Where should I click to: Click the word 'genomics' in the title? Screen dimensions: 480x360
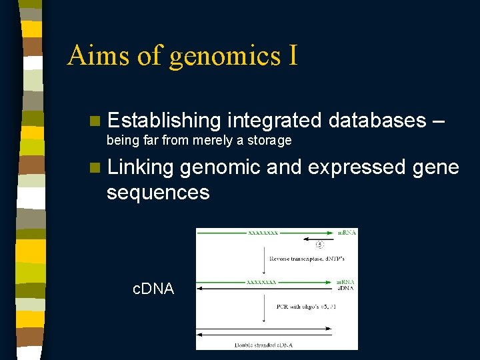coord(225,56)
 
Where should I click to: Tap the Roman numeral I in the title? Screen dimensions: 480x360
coord(293,55)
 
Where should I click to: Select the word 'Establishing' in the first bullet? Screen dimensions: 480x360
coord(163,121)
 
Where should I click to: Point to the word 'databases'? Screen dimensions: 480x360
coord(377,121)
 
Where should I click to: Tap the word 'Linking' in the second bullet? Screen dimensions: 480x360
coord(141,167)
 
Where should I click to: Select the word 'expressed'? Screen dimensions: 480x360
coord(354,167)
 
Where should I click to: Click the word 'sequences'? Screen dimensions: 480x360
coord(158,193)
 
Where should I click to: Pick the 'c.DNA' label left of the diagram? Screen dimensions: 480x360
coord(153,289)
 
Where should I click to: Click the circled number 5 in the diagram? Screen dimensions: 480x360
coord(319,245)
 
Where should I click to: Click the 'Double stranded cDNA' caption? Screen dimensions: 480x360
coord(263,345)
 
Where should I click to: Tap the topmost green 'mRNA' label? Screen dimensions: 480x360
coord(346,233)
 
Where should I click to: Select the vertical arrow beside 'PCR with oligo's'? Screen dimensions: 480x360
coord(263,307)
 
